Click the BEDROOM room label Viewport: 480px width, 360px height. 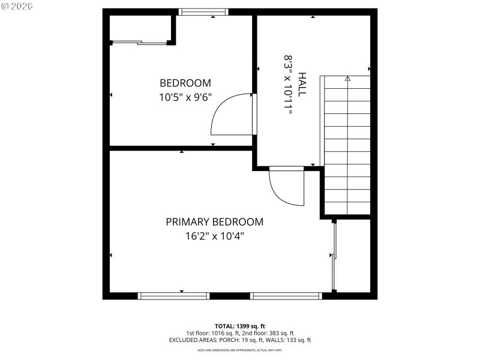tap(185, 83)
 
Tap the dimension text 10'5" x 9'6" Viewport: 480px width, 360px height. tap(185, 97)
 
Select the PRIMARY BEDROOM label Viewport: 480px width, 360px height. tap(214, 222)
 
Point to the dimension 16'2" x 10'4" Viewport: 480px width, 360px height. tap(214, 236)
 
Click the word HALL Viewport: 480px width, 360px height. tap(302, 85)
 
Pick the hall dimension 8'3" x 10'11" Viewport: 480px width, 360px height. tap(289, 85)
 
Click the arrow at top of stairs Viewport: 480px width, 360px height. tap(347, 79)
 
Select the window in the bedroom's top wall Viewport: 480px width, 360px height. tap(204, 11)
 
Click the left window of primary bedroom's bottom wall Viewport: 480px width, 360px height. tap(173, 296)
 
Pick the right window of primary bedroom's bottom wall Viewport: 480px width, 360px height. tap(286, 296)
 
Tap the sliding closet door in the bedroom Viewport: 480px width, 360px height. tap(139, 42)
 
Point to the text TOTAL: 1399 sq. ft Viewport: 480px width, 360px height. tap(239, 326)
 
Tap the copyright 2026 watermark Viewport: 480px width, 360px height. tap(17, 5)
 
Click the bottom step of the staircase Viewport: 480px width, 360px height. tap(347, 208)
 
